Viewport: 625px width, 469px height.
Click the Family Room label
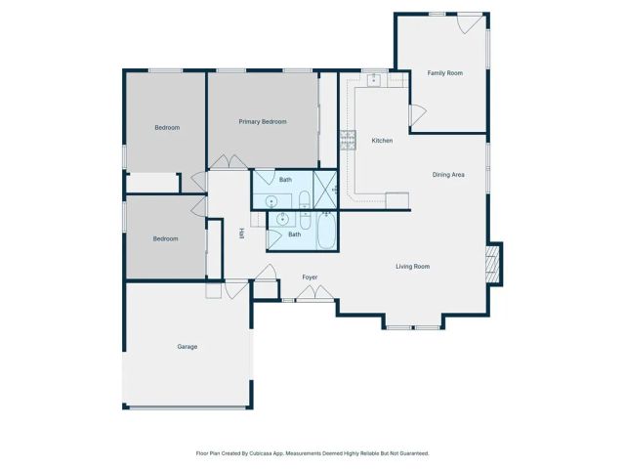coord(444,73)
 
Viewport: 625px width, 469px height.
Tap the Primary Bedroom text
coord(263,121)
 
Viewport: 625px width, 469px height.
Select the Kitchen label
coord(382,141)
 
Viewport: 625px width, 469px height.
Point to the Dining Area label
coord(448,175)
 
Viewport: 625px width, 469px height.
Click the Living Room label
coord(412,266)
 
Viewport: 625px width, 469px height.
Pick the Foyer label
coord(310,277)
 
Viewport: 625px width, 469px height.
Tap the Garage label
coord(187,347)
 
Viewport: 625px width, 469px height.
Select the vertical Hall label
coord(241,234)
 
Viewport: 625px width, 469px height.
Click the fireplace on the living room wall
coord(494,263)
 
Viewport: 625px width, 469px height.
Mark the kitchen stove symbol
coord(347,139)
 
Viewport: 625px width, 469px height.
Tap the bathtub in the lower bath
coord(326,232)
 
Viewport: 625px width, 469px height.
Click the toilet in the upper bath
coord(304,200)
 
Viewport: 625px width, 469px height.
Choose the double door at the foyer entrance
coord(312,292)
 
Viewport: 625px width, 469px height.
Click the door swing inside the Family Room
coord(416,116)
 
